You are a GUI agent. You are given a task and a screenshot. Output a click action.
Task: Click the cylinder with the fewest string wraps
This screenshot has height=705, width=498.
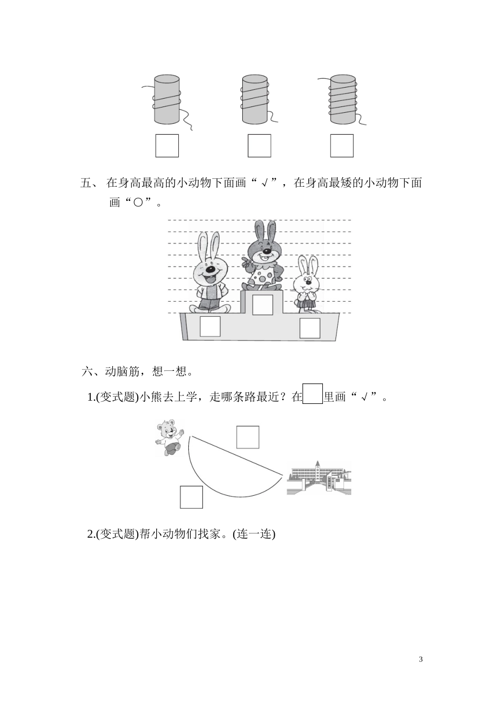tap(167, 100)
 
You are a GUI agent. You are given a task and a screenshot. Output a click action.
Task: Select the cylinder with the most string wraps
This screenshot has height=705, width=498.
tap(343, 100)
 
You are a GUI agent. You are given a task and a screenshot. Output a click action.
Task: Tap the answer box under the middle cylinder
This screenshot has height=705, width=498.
tap(259, 146)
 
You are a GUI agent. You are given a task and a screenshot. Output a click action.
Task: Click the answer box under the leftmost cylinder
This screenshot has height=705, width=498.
tap(167, 146)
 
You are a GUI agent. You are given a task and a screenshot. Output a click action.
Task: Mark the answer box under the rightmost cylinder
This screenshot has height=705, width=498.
tap(342, 146)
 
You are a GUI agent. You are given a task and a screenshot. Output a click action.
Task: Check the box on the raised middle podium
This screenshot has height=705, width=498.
tap(263, 305)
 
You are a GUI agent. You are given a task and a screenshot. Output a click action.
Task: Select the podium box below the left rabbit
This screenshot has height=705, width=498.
tap(210, 326)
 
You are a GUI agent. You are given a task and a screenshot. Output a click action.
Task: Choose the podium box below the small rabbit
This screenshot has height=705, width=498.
tap(309, 328)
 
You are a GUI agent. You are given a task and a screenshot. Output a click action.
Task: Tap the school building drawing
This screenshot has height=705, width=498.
tap(319, 477)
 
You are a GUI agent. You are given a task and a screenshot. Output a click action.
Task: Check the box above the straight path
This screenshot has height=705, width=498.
tap(247, 437)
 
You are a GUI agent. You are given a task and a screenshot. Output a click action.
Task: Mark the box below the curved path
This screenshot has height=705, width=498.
tap(191, 497)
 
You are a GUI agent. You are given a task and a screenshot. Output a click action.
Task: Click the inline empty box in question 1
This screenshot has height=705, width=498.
tap(313, 394)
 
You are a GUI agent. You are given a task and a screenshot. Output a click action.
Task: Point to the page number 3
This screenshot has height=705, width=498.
tap(420, 659)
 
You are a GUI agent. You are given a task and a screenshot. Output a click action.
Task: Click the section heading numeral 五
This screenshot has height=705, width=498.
tap(86, 183)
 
